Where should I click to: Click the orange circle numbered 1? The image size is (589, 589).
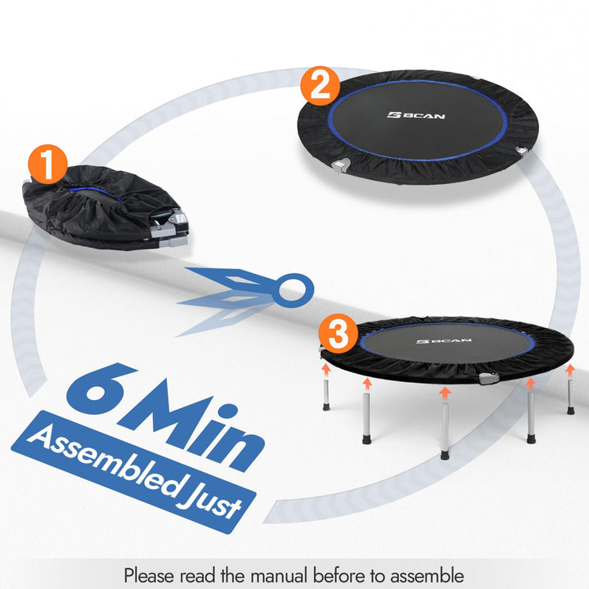[48, 166]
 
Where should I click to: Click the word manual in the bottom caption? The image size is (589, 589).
[299, 575]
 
